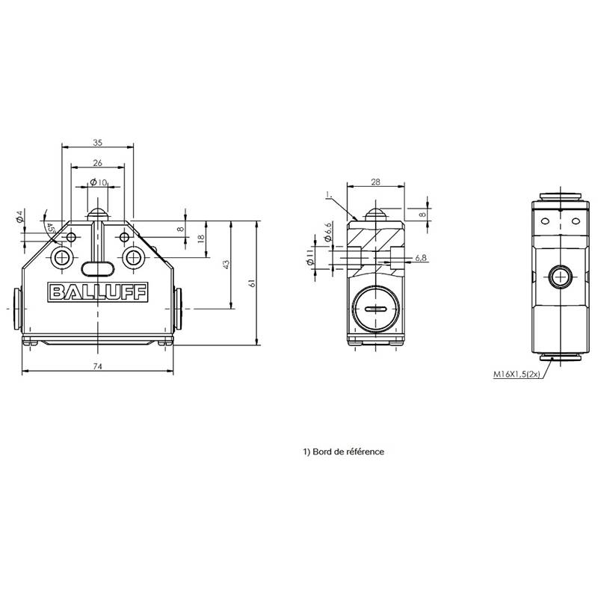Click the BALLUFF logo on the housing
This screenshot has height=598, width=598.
point(98,292)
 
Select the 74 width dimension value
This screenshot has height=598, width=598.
point(98,366)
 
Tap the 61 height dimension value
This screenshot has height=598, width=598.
point(252,283)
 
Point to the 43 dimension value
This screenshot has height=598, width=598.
point(226,265)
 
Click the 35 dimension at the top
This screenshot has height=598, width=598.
point(98,143)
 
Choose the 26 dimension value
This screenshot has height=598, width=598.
point(98,163)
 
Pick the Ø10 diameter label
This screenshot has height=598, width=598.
point(99,182)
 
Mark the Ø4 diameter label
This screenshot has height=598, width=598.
point(20,216)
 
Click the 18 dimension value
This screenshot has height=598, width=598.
point(201,238)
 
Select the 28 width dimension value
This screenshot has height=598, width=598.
point(376,182)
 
